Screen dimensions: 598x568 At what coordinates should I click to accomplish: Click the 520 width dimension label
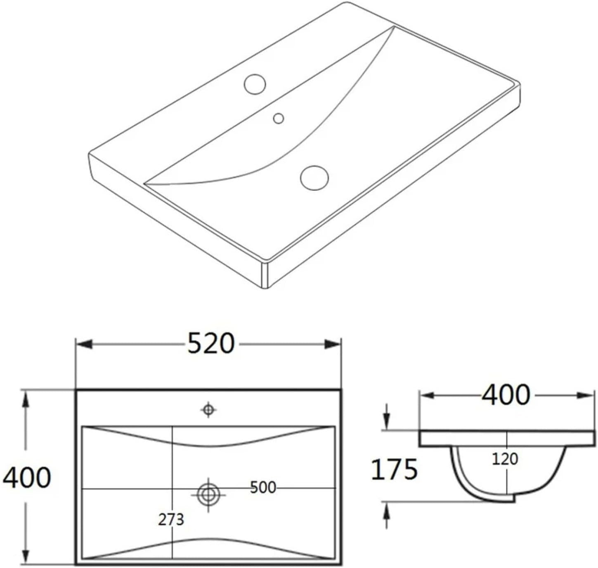click(x=211, y=344)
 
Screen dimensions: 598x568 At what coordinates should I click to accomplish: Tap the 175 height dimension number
click(x=395, y=470)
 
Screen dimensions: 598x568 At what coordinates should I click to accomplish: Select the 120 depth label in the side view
click(x=505, y=459)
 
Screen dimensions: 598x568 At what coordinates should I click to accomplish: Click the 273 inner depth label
click(x=171, y=520)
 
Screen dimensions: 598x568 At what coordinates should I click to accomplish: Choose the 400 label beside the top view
click(x=27, y=478)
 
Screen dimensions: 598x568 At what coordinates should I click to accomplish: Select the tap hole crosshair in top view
click(x=208, y=410)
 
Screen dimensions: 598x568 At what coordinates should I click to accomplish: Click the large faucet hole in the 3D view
click(x=255, y=84)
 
